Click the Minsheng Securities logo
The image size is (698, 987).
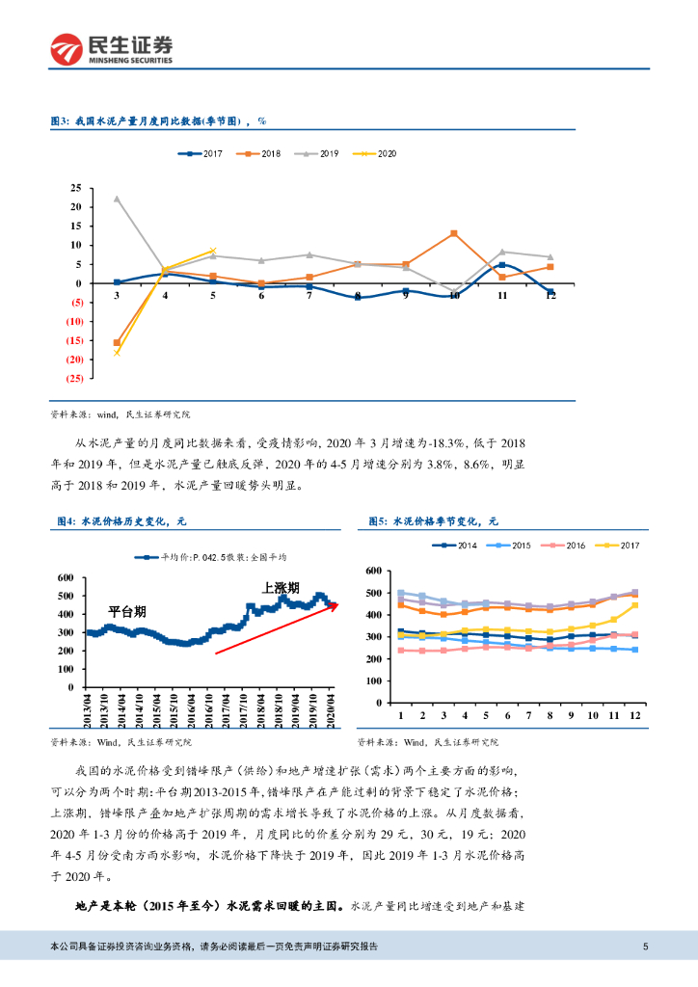pos(112,48)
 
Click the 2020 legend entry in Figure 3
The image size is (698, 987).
pos(374,153)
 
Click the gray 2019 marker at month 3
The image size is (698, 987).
pos(117,199)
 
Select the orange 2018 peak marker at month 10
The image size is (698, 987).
pos(454,233)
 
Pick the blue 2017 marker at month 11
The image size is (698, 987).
pos(502,265)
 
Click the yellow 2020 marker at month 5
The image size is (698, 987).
pos(213,251)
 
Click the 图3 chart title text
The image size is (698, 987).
pos(157,122)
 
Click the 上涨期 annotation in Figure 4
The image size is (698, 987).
pos(281,587)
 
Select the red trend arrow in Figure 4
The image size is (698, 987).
pos(275,628)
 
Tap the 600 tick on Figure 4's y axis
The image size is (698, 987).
pos(67,577)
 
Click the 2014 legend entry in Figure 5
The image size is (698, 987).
pos(458,546)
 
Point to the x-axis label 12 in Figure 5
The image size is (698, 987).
pos(634,716)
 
